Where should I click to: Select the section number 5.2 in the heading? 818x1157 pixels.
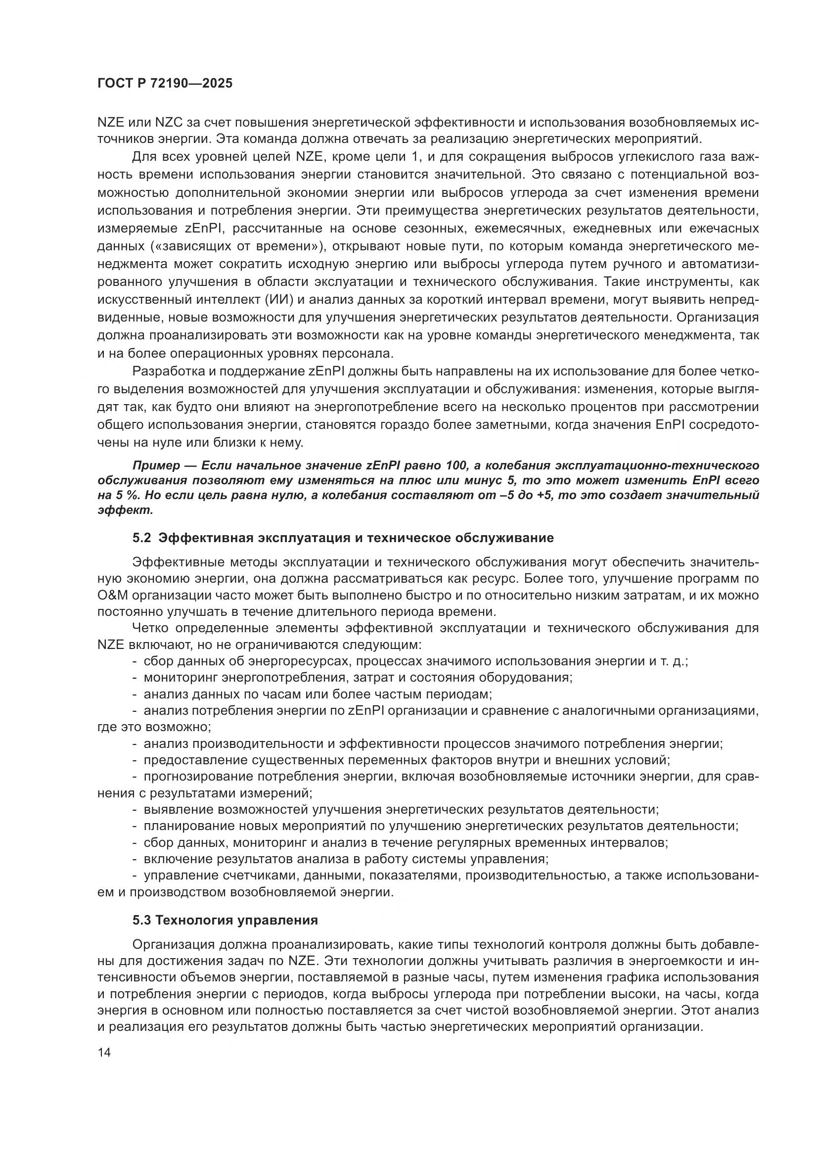pyautogui.click(x=141, y=538)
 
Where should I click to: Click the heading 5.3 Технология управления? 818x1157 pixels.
pyautogui.click(x=225, y=920)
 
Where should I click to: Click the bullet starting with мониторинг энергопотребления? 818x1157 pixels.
pyautogui.click(x=358, y=677)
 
